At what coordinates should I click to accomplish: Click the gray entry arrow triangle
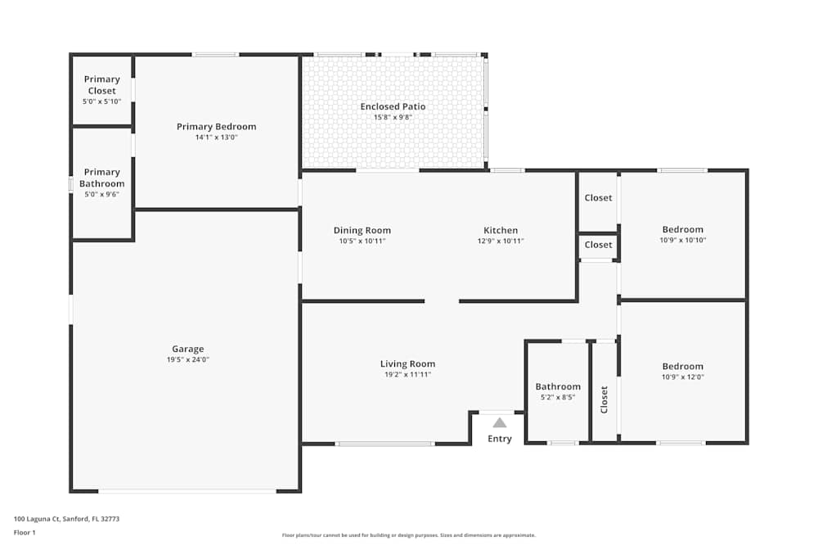click(x=499, y=422)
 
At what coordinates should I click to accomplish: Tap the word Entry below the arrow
click(x=500, y=439)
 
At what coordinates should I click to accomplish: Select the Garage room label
click(x=187, y=349)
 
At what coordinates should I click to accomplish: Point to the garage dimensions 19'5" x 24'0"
click(x=187, y=360)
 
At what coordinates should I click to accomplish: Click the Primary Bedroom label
click(x=216, y=127)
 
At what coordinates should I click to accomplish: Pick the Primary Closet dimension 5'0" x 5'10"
click(x=101, y=102)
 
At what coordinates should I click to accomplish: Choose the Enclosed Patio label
click(x=393, y=106)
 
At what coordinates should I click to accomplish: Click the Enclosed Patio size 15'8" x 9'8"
click(x=393, y=118)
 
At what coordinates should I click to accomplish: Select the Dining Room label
click(x=362, y=230)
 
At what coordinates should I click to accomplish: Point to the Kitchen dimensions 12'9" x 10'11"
click(x=501, y=241)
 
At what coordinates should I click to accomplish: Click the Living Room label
click(x=407, y=363)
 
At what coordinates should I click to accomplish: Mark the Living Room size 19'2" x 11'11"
click(x=407, y=375)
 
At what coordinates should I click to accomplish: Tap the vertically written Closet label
click(x=605, y=399)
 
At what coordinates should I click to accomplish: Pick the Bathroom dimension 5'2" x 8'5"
click(x=558, y=398)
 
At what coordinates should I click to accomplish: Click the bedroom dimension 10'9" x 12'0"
click(x=682, y=377)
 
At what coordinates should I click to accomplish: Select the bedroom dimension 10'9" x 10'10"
click(x=682, y=241)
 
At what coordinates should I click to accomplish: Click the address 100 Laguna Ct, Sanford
click(x=61, y=518)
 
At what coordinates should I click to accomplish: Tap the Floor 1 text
click(x=25, y=532)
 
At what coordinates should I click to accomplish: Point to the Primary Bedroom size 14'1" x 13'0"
click(x=216, y=138)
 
